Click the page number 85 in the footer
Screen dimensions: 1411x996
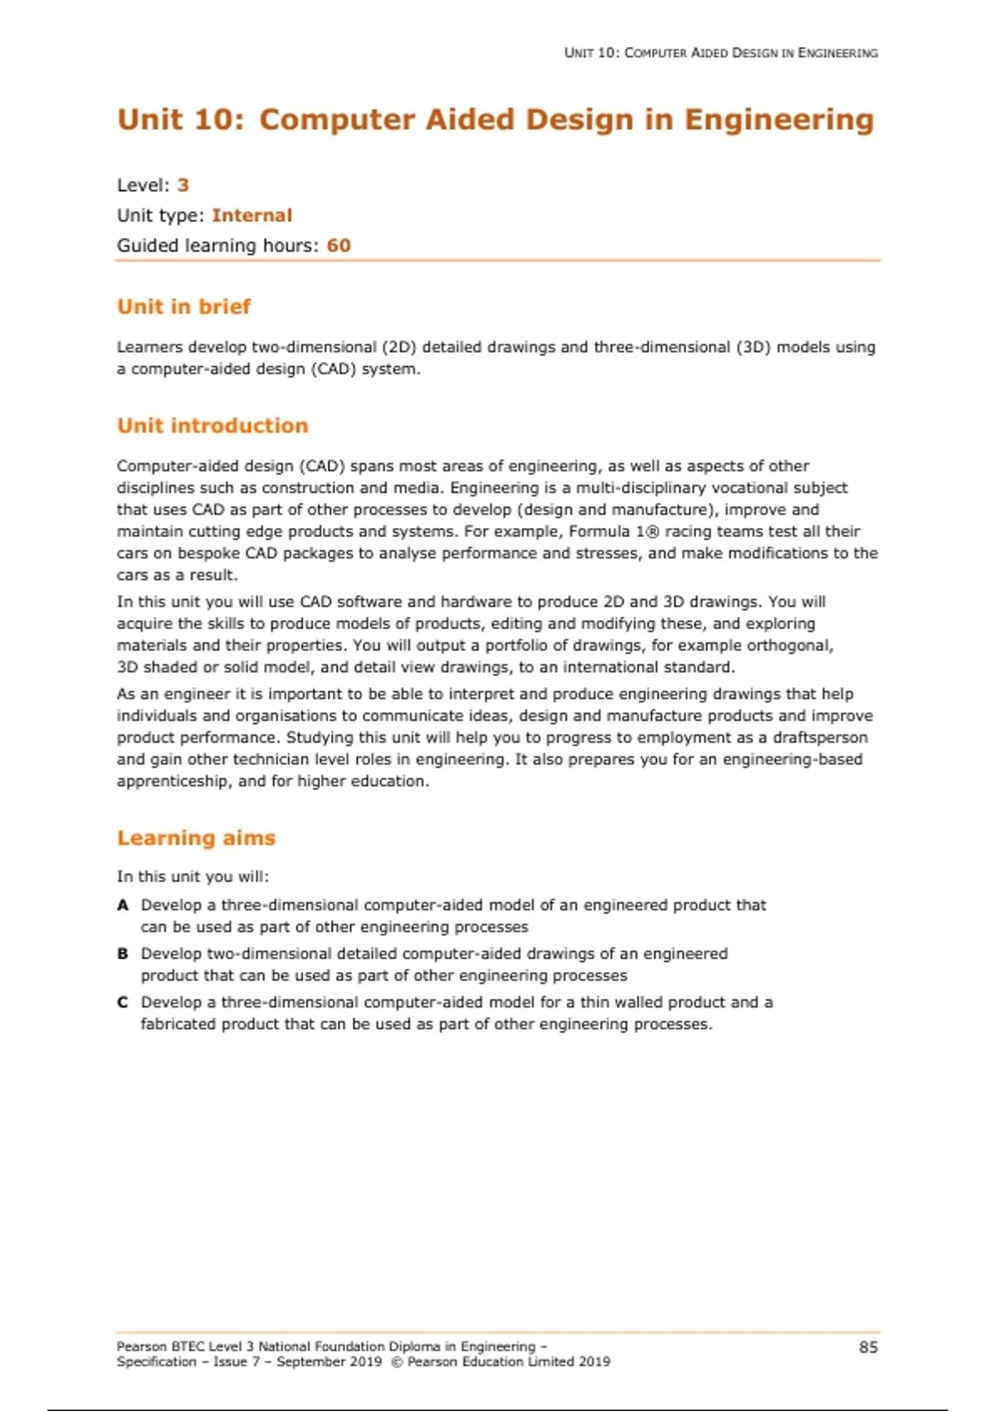coord(868,1347)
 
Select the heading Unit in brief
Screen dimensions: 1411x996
coord(183,306)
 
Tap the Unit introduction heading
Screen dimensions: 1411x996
coord(212,426)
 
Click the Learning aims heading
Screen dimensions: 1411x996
coord(196,837)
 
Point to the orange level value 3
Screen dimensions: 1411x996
coord(183,185)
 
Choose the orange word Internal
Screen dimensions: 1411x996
coord(251,215)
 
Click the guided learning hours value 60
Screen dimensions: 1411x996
coord(339,246)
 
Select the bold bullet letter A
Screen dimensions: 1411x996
coord(123,906)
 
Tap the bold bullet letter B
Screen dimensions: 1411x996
coord(123,954)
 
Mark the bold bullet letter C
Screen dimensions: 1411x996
coord(123,1003)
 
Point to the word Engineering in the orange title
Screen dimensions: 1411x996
coord(779,120)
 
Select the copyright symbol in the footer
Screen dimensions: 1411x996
coord(396,1362)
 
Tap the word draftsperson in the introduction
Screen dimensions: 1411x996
coord(820,737)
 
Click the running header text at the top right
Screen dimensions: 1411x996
coord(720,53)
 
